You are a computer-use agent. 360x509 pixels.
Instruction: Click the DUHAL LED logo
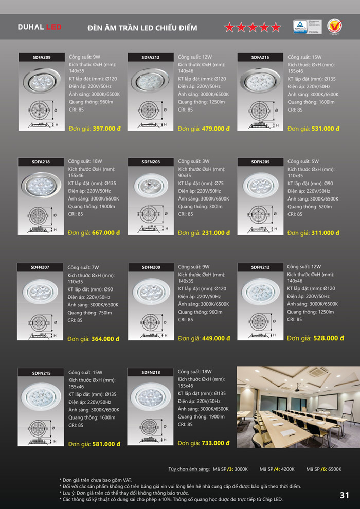coord(40,27)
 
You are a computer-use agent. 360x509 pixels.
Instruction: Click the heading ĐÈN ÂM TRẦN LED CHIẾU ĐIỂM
coord(142,28)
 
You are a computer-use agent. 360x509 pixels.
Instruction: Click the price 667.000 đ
coord(106,232)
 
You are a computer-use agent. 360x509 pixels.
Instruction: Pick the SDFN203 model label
coord(151,162)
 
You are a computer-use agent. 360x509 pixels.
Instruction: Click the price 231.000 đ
coord(216,233)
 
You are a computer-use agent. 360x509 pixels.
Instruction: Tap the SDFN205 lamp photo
coord(260,184)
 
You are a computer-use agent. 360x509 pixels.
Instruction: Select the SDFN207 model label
coord(40,267)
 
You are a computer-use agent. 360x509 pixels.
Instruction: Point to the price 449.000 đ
coord(216,338)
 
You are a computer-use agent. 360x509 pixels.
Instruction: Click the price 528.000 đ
coord(326,338)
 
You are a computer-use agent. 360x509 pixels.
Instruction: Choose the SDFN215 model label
coord(41,373)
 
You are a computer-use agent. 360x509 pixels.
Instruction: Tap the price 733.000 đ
coord(216,443)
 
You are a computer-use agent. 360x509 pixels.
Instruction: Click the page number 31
coord(344,495)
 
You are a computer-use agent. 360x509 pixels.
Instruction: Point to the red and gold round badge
coord(334,26)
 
